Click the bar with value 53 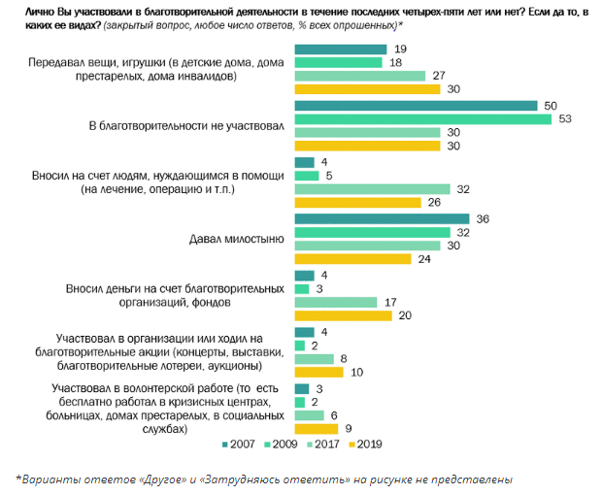pos(421,119)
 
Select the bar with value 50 pos(415,106)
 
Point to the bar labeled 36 pos(381,219)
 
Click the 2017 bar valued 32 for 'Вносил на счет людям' pos(371,188)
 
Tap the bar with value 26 pos(356,203)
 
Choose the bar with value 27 pos(358,76)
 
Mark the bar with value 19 pos(339,49)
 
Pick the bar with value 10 pos(318,372)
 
